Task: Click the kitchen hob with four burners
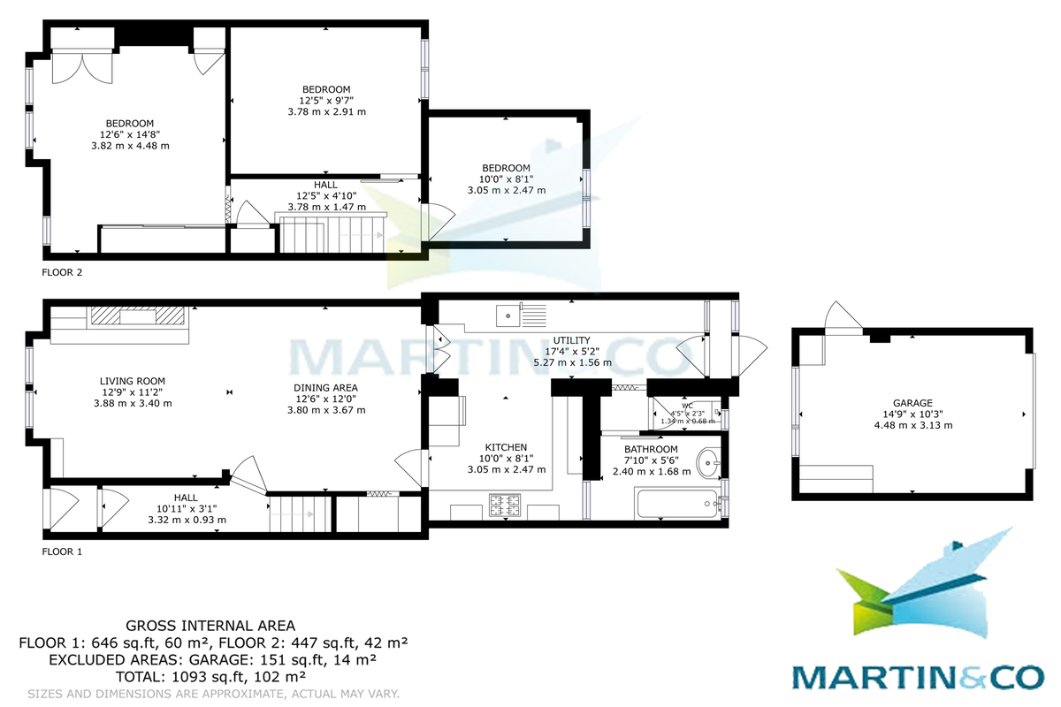pos(505,506)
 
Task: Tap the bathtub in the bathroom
pos(677,504)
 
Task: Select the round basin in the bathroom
pos(708,462)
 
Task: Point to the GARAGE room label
pos(912,403)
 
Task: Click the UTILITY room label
pos(572,340)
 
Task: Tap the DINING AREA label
pos(326,388)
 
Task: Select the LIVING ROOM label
pos(132,381)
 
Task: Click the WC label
pos(687,406)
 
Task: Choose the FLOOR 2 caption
pos(62,272)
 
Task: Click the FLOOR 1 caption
pos(62,551)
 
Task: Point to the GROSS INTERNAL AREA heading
pos(210,626)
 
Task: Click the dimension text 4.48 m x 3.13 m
pos(912,425)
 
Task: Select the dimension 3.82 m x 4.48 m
pos(130,146)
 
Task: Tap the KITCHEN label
pos(506,447)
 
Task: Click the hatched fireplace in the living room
pos(137,315)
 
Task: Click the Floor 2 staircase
pos(332,232)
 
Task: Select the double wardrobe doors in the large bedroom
pos(82,68)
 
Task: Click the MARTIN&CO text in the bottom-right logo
pos(918,677)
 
